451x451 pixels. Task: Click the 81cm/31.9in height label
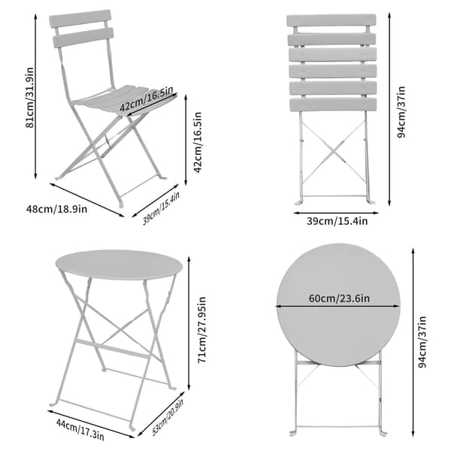[29, 98]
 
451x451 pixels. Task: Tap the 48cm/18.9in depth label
[56, 209]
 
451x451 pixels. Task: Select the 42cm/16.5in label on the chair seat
[147, 98]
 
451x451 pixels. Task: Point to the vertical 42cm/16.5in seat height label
[198, 142]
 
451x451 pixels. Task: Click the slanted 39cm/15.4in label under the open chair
[161, 208]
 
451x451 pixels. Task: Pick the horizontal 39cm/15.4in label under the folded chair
[337, 221]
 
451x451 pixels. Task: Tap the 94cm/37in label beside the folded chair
[401, 111]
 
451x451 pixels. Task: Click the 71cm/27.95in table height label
[202, 330]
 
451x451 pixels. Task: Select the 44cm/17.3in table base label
[80, 428]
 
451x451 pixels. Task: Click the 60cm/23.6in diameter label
[339, 298]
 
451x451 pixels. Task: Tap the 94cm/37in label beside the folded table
[422, 342]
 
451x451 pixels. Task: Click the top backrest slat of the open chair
[80, 19]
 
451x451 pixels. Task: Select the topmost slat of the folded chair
[331, 20]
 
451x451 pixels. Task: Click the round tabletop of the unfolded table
[119, 265]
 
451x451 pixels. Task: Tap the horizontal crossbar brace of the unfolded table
[113, 349]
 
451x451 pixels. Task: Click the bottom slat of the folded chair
[333, 105]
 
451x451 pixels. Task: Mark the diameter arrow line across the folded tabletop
[338, 307]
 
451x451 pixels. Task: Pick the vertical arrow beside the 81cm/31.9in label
[35, 96]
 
